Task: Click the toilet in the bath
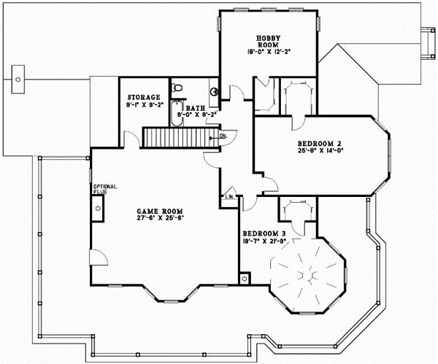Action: [x=176, y=88]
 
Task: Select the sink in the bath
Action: [x=214, y=93]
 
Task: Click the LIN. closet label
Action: [x=229, y=197]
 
